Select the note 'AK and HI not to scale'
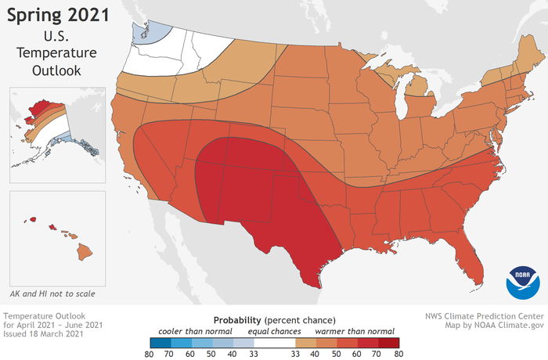click(56, 291)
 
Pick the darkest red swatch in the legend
click(388, 342)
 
